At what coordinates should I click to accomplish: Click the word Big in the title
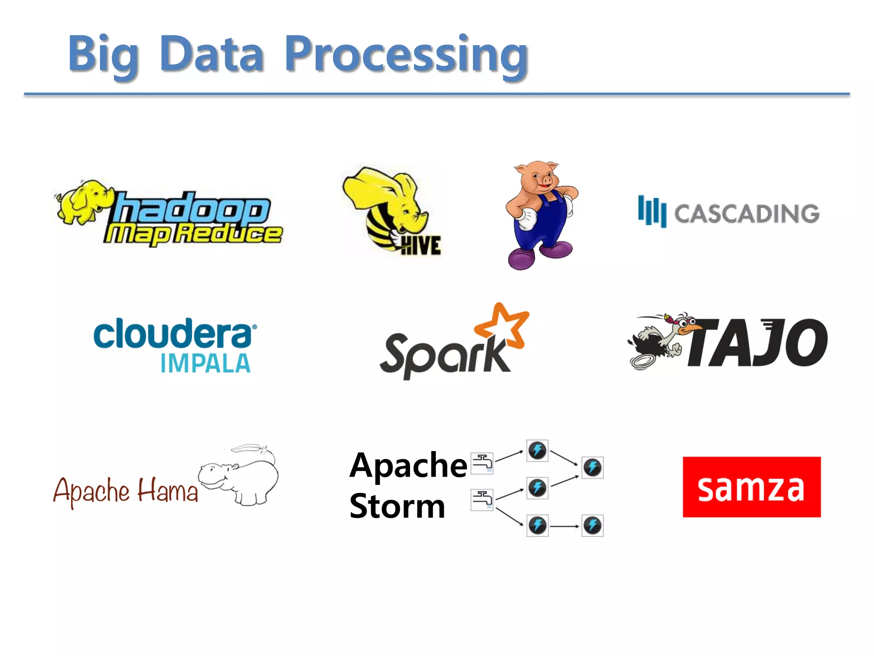point(103,56)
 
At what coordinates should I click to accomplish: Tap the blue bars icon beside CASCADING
point(652,211)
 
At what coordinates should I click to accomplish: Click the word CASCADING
point(747,214)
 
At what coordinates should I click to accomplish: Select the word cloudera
point(173,334)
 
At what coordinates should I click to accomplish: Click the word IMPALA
point(205,364)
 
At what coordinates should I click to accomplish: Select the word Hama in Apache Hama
point(168,491)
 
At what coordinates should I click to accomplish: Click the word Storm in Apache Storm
point(397,507)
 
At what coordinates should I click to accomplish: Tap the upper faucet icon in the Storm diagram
point(482,463)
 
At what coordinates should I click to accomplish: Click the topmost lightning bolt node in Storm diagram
point(537,451)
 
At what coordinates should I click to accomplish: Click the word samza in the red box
point(751,488)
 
